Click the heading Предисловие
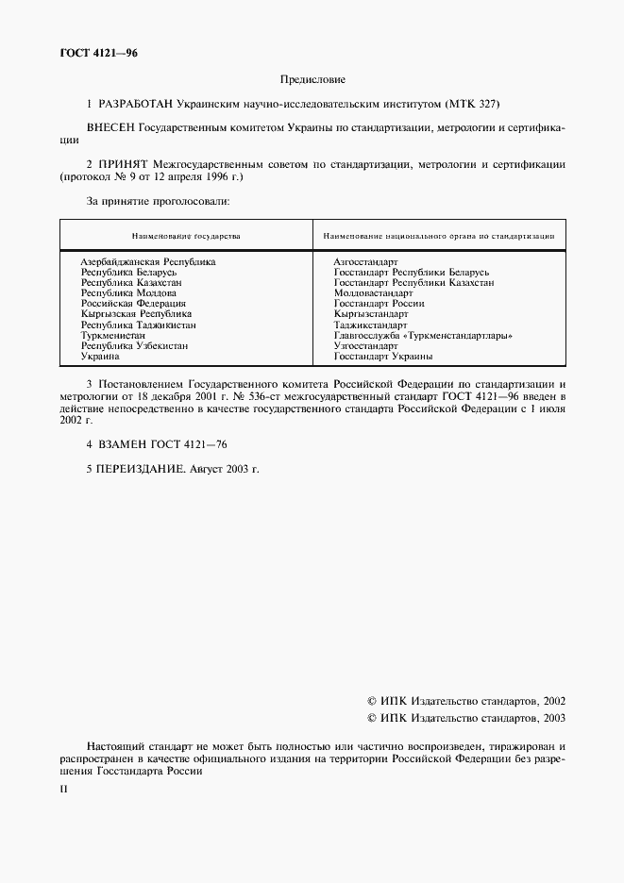[x=312, y=80]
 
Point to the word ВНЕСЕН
[x=110, y=125]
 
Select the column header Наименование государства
[x=185, y=236]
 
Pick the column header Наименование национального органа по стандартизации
[x=439, y=236]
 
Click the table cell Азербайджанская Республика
[x=148, y=261]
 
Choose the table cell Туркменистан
[x=112, y=335]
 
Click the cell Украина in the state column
[x=100, y=357]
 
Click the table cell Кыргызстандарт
[x=370, y=314]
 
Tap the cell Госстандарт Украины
[x=382, y=357]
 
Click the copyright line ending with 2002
[x=465, y=701]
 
